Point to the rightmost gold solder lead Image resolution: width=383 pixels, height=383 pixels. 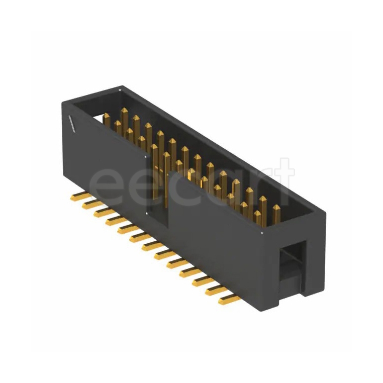pos(229,301)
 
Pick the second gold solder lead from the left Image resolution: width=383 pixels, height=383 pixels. pos(88,203)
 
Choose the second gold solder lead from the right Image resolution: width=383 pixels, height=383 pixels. pos(216,291)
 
